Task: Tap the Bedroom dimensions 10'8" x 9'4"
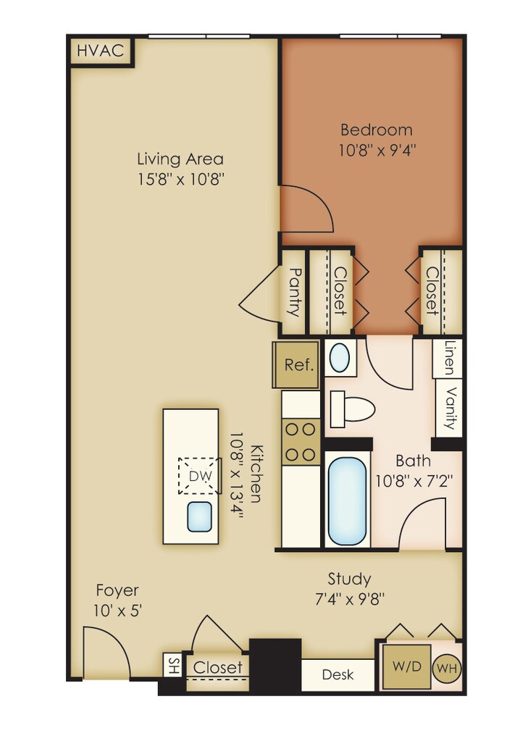coord(377,150)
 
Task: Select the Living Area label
coord(180,159)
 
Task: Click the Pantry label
coord(295,292)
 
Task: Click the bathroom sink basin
coord(340,358)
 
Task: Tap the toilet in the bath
coord(353,409)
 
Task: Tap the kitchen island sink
coord(199,516)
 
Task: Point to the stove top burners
coord(301,442)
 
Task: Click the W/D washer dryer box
coord(406,667)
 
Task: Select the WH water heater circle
coord(447,669)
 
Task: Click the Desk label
coord(338,674)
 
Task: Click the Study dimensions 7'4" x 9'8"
coord(349,599)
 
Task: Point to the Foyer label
coord(117,590)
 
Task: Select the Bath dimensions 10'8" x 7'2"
coord(414,481)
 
